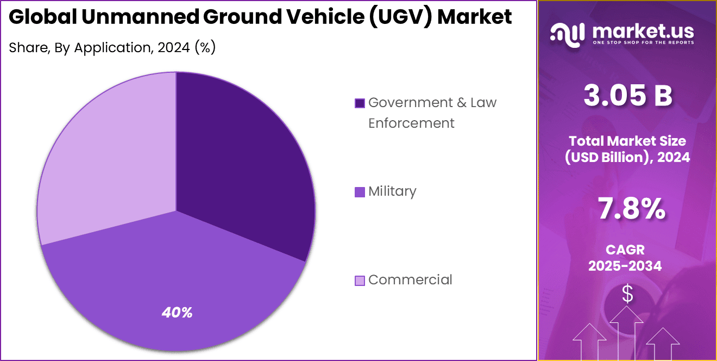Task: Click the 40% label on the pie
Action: (177, 313)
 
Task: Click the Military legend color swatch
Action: (360, 192)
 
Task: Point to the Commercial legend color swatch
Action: (360, 281)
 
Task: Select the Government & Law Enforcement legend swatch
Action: (360, 103)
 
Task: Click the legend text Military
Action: (392, 191)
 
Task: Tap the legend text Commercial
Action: (410, 280)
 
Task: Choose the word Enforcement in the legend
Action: (411, 123)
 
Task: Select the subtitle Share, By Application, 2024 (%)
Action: (112, 48)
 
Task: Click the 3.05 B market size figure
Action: (627, 96)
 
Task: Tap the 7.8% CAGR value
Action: (631, 209)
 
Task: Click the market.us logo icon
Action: (567, 33)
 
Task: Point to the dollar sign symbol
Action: (627, 294)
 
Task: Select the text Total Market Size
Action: (627, 141)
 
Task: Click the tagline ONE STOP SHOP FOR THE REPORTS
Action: (644, 42)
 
